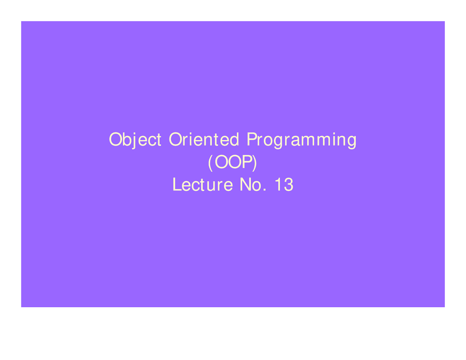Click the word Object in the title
pyautogui.click(x=135, y=140)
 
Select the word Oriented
pyautogui.click(x=204, y=140)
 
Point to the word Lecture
pyautogui.click(x=202, y=185)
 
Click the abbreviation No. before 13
pyautogui.click(x=251, y=185)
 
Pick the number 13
pyautogui.click(x=284, y=185)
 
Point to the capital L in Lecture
pyautogui.click(x=176, y=185)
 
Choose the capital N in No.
pyautogui.click(x=245, y=185)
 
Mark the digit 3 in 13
pyautogui.click(x=288, y=185)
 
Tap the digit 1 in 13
pyautogui.click(x=278, y=185)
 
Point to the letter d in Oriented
pyautogui.click(x=235, y=140)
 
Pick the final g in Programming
pyautogui.click(x=352, y=141)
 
